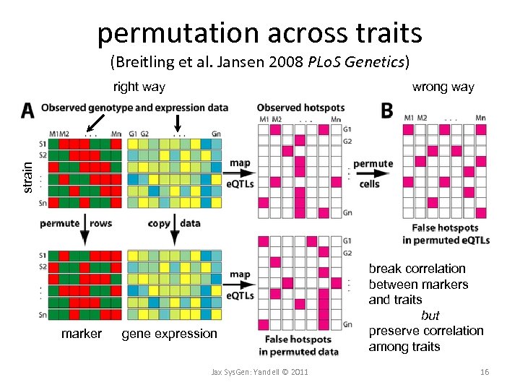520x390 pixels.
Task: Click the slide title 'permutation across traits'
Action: click(x=259, y=32)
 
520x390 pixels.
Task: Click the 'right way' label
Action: click(x=139, y=87)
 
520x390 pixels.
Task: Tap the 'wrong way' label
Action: click(x=443, y=87)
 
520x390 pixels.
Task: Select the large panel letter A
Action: click(x=27, y=110)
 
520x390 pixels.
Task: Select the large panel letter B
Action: click(x=387, y=110)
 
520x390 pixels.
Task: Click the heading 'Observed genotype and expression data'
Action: click(x=135, y=108)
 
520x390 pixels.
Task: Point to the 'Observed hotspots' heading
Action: click(x=300, y=108)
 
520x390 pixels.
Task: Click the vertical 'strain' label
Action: click(x=27, y=176)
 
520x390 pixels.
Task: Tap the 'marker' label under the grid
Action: click(x=82, y=334)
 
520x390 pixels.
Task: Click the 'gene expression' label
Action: click(x=169, y=334)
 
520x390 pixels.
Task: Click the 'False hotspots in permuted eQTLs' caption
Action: click(x=446, y=234)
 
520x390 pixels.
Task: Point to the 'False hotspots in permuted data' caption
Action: click(x=298, y=345)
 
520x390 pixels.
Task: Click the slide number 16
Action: click(x=485, y=372)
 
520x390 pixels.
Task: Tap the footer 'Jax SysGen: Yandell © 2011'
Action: click(x=259, y=372)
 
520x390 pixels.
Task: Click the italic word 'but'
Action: click(x=430, y=316)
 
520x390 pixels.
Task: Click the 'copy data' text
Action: click(x=174, y=223)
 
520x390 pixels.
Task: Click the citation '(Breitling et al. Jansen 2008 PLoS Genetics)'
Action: click(x=259, y=62)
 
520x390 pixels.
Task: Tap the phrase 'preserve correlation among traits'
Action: click(x=426, y=339)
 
